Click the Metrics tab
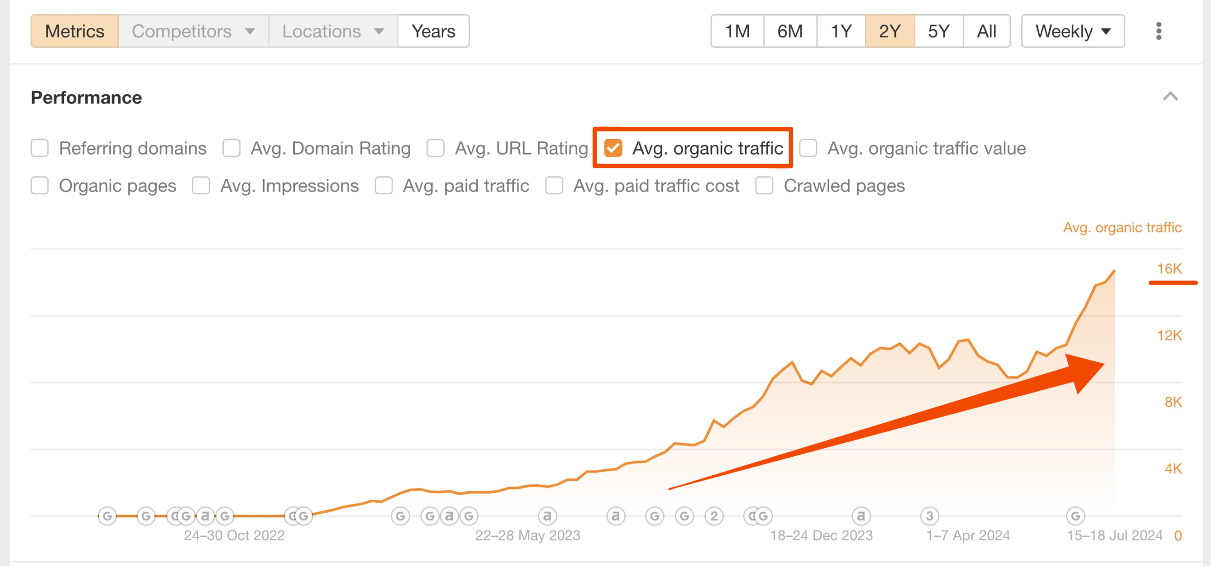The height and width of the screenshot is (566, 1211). pos(74,31)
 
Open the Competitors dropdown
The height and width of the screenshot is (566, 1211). pos(193,31)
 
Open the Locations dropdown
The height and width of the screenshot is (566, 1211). pos(333,31)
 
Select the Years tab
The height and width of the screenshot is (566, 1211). pos(433,31)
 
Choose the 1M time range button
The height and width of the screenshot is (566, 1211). pos(737,31)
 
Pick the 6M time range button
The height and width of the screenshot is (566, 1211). pos(790,31)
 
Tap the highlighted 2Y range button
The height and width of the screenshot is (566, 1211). pos(889,31)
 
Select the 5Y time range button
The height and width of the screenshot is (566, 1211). pos(939,31)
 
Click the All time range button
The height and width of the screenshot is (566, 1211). pos(986,31)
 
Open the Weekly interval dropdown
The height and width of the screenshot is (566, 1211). pos(1072,31)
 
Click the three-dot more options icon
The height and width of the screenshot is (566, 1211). pos(1158,31)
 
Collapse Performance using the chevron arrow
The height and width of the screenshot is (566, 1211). pos(1170,97)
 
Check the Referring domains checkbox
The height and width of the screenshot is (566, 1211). pos(40,148)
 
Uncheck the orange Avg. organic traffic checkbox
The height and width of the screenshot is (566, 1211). pos(613,148)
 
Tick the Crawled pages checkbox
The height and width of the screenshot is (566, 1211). pos(764,186)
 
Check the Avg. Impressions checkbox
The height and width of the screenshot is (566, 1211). pos(201,186)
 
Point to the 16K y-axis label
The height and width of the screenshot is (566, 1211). pos(1169,269)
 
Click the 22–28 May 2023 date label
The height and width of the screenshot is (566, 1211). pos(527,535)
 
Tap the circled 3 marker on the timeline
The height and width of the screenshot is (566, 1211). pos(930,515)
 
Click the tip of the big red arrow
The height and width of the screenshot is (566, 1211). pos(1103,364)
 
